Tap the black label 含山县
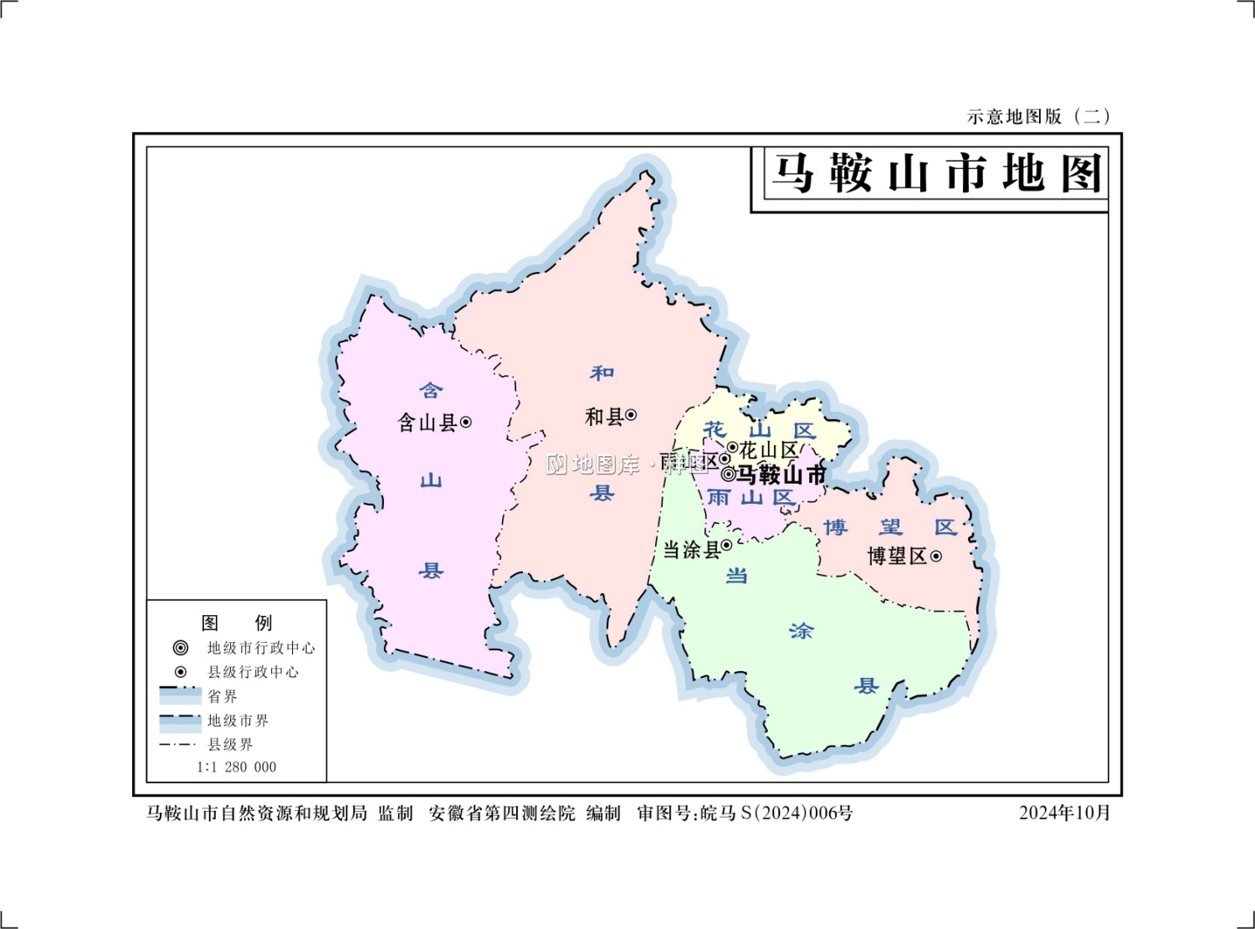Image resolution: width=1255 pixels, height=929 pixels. [427, 423]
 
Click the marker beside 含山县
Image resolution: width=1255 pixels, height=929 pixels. [466, 423]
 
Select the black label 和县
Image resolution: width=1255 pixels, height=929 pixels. [604, 416]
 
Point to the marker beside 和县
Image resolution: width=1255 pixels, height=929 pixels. [631, 415]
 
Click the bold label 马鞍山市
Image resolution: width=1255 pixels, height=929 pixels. [781, 475]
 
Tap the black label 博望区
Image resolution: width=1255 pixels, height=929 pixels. [897, 557]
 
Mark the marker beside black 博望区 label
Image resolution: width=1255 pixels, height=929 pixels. [936, 557]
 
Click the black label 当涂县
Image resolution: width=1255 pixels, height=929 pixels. [691, 550]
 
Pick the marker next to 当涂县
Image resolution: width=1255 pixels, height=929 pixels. [726, 546]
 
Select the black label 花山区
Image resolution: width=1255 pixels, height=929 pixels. [768, 450]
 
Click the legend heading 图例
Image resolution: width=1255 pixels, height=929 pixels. [237, 623]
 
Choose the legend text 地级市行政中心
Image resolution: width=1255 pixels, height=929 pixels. [261, 648]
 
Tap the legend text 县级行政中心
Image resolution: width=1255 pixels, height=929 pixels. [253, 672]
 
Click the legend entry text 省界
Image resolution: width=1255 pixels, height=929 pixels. [223, 696]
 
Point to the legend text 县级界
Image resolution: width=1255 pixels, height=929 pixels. [230, 744]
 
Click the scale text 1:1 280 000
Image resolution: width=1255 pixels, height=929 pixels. [237, 767]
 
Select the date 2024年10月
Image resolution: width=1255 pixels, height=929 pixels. [1064, 813]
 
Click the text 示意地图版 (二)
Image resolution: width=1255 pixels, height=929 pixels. [1038, 116]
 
